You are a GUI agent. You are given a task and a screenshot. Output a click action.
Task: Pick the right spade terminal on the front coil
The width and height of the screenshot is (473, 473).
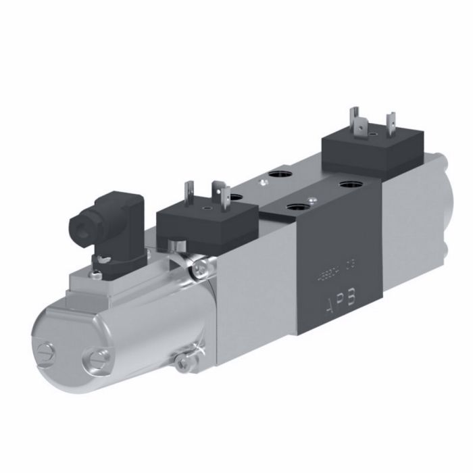click(x=218, y=194)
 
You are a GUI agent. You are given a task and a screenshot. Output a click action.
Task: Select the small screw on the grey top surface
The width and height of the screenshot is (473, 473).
click(x=260, y=182)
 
